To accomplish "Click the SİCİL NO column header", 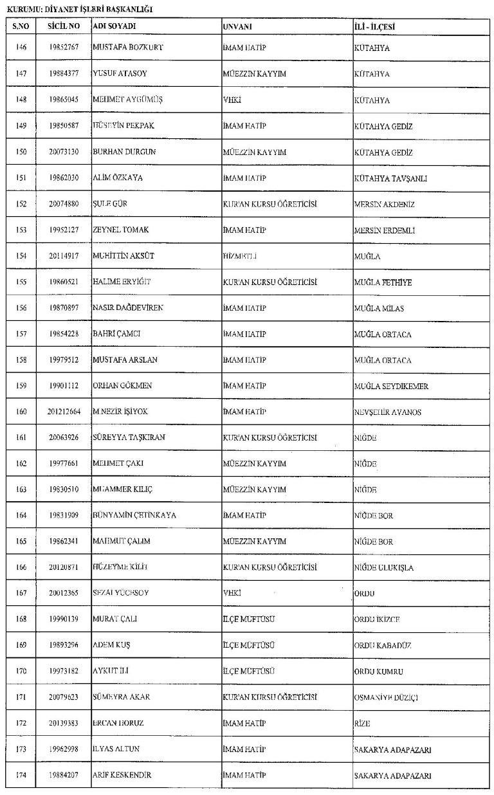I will (x=63, y=26).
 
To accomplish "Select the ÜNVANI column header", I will (x=237, y=26).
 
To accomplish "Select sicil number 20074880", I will (x=63, y=204).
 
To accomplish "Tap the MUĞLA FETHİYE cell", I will (x=383, y=282).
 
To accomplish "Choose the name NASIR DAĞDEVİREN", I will (x=128, y=308).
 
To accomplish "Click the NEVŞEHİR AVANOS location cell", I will (x=387, y=412).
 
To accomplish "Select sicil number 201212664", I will (x=63, y=412).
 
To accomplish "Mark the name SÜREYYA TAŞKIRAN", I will (x=129, y=438).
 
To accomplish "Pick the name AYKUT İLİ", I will (x=112, y=672).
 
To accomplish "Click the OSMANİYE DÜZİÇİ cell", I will (x=387, y=697).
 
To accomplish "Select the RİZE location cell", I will (x=362, y=724).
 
